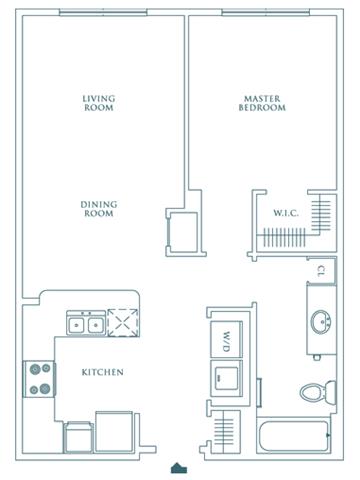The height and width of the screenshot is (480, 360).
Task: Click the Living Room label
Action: point(99,103)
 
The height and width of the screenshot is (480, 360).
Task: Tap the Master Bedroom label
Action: point(262,103)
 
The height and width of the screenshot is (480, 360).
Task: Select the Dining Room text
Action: point(99,209)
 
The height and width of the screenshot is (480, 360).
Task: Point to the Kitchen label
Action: point(103,372)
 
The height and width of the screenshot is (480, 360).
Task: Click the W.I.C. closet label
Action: point(286,213)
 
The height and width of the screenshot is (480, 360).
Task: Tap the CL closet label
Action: point(321,271)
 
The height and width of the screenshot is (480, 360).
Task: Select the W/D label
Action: point(227,342)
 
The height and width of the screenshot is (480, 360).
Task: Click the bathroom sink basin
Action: point(321,322)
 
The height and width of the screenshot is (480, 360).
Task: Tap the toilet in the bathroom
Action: point(318,391)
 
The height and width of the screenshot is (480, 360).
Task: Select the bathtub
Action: point(294,435)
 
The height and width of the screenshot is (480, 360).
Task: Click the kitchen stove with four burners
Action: point(39,379)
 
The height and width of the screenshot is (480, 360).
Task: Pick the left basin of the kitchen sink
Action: point(77,324)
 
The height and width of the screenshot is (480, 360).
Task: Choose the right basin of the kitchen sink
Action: point(96,324)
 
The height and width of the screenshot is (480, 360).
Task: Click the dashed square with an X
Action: point(123,323)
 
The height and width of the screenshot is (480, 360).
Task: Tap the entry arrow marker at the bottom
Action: point(179,468)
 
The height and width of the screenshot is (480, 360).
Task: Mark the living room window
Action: point(103,13)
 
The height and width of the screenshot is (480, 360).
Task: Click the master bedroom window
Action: point(266,13)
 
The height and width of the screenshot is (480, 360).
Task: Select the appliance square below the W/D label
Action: point(227,378)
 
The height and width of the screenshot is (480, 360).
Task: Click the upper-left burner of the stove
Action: point(35,369)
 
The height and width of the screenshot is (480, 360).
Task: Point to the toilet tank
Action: point(331,391)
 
